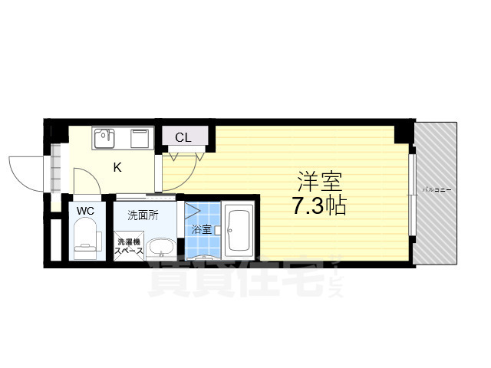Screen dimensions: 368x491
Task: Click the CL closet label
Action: tap(183, 138)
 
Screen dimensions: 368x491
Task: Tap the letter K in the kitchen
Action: tap(118, 167)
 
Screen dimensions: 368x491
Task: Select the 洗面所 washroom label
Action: tap(143, 215)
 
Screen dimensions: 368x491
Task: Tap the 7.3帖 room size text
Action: tap(318, 205)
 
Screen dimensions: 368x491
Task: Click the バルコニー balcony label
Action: tap(437, 189)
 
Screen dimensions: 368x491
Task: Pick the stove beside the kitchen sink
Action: tap(140, 140)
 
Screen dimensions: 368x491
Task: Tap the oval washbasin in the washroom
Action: tap(160, 247)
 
